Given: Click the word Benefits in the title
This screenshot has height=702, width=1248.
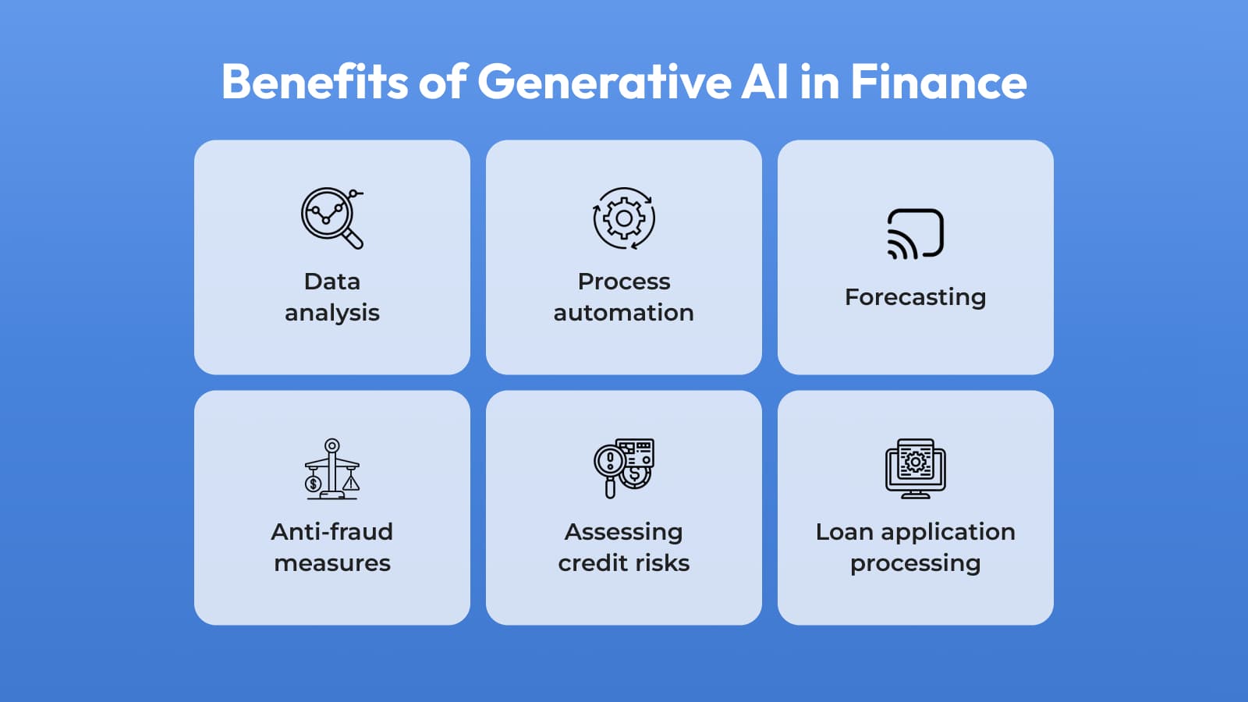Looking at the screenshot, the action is click(x=315, y=82).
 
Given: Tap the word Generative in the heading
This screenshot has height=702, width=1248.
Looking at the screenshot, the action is click(x=604, y=82).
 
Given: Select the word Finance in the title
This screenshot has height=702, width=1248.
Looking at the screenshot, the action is click(x=939, y=82).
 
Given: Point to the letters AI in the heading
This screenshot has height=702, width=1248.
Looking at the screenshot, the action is click(x=764, y=82).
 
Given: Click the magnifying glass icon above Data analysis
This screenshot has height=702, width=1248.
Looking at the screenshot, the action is click(x=332, y=218).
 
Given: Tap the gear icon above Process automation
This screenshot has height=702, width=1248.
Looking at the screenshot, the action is click(x=624, y=218).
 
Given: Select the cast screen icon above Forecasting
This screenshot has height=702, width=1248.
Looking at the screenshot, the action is click(x=916, y=234).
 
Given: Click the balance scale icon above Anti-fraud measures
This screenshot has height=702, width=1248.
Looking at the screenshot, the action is click(x=332, y=469).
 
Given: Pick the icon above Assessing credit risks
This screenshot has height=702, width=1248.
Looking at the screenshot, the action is click(x=624, y=468).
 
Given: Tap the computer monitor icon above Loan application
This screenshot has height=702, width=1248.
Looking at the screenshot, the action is click(x=916, y=468).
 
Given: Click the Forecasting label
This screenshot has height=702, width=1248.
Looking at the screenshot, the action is click(x=916, y=297).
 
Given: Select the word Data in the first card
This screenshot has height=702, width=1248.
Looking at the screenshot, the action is click(x=332, y=282).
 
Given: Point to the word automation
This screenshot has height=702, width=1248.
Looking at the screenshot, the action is click(x=624, y=313).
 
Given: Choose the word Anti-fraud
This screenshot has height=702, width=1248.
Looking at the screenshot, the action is click(x=332, y=531).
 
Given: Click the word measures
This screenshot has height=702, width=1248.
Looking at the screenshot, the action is click(x=332, y=563).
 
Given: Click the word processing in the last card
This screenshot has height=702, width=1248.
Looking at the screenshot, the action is click(x=916, y=564).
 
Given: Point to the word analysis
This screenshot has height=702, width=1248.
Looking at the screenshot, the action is click(x=332, y=314).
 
